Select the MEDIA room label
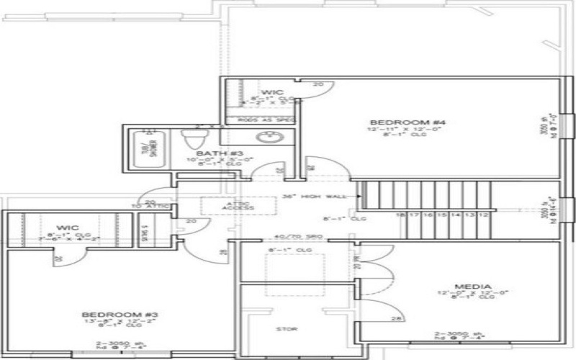474,287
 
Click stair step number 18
398,215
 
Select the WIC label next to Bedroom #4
271,92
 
